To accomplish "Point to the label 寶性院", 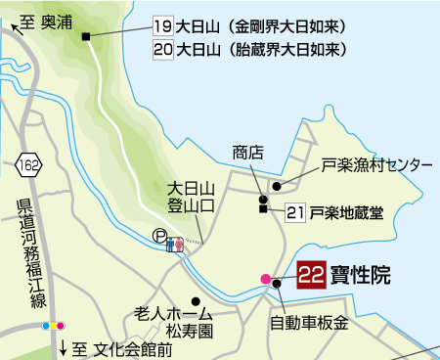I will (359, 276).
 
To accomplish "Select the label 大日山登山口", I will (189, 196).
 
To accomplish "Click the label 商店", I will (248, 153).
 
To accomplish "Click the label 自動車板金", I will (309, 322).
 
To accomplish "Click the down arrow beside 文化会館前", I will (64, 346).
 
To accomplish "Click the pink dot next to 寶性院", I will (265, 279).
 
